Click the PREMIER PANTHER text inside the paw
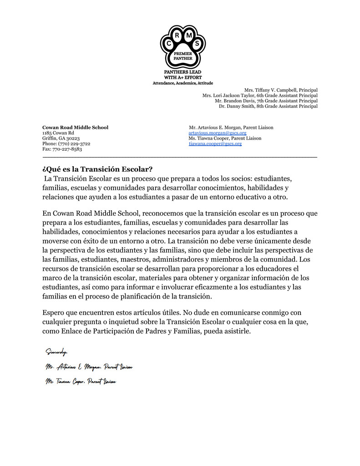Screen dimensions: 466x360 coord(183,56)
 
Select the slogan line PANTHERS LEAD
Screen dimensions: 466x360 coord(183,72)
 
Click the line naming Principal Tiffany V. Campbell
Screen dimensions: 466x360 coord(281,90)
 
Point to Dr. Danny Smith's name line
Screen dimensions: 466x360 coord(268,106)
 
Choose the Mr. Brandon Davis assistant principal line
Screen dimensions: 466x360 coord(266,101)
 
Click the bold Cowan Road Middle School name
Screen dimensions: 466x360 coord(75,127)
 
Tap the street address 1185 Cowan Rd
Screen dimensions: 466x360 coord(58,133)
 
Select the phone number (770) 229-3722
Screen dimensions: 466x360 coord(66,143)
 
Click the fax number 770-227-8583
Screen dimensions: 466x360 coord(62,149)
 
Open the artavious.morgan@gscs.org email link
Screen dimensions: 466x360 coord(218,133)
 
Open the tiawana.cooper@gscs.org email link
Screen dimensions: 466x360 coord(215,143)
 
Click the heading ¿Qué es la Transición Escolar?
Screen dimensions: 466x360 coord(97,169)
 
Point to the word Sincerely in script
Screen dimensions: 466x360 coord(56,351)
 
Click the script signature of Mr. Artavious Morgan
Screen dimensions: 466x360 coord(89,367)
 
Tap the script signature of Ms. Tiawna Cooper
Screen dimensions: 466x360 coord(81,382)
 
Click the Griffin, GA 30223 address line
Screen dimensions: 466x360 coord(61,138)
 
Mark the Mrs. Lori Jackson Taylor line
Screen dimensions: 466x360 coord(260,96)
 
